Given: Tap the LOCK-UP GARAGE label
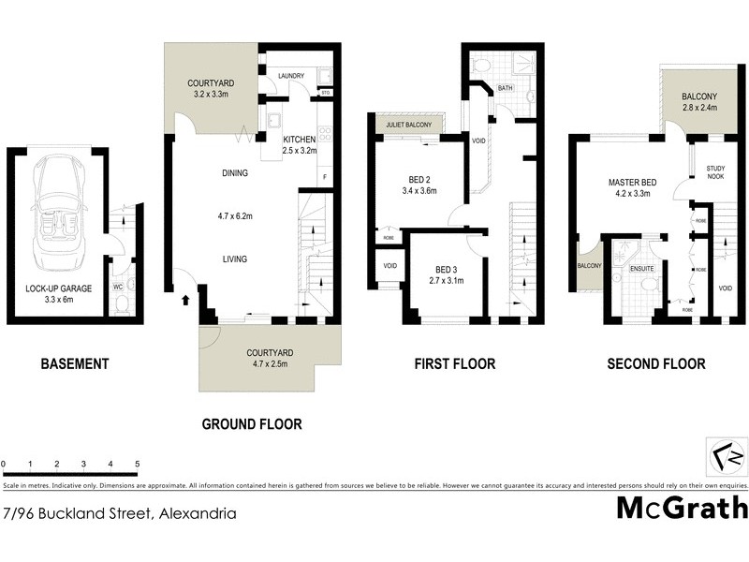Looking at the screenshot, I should (x=58, y=288).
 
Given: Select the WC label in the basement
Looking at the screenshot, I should (x=118, y=287).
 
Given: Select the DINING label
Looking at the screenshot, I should (x=235, y=173).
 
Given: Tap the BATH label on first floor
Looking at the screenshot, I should (x=506, y=89).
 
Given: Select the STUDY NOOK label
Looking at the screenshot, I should (x=715, y=171).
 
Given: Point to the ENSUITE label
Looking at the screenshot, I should (x=641, y=268).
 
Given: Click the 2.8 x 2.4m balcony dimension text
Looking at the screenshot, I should (x=698, y=108).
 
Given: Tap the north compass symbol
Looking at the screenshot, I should (x=727, y=458).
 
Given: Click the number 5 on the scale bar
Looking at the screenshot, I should (x=137, y=464).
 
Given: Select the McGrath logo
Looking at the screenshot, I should (x=683, y=508).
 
